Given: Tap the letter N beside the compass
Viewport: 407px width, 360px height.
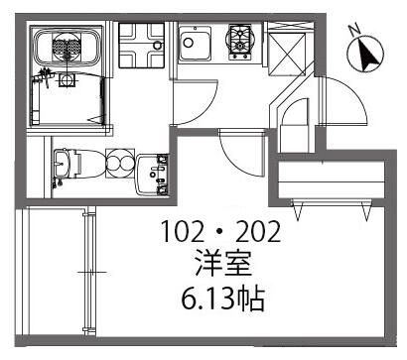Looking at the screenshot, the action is click(353, 30).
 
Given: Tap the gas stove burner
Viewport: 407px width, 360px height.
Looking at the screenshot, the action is click(240, 41).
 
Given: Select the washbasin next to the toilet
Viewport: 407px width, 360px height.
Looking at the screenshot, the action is click(156, 175).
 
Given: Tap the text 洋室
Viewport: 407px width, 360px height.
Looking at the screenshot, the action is click(221, 265).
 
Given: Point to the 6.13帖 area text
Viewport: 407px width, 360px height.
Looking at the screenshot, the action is click(221, 296).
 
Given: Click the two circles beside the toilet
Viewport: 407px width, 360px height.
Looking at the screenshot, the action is click(118, 163).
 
